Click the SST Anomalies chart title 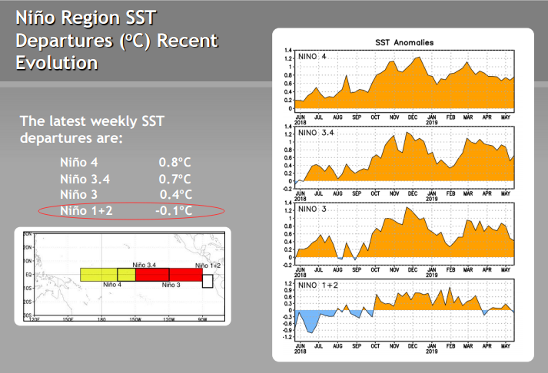click(x=404, y=43)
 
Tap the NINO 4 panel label click(x=314, y=56)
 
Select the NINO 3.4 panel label click(x=317, y=133)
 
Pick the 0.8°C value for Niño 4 click(x=174, y=163)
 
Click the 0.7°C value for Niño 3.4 click(x=174, y=179)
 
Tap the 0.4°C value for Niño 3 click(x=175, y=194)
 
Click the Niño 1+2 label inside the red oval click(x=86, y=210)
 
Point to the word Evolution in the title click(x=57, y=62)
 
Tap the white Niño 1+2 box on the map click(x=208, y=280)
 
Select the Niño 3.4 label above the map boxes click(x=145, y=264)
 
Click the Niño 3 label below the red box click(x=171, y=285)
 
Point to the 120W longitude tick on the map click(x=168, y=319)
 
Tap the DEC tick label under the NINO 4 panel click(x=413, y=117)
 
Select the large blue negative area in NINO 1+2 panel click(x=309, y=320)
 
